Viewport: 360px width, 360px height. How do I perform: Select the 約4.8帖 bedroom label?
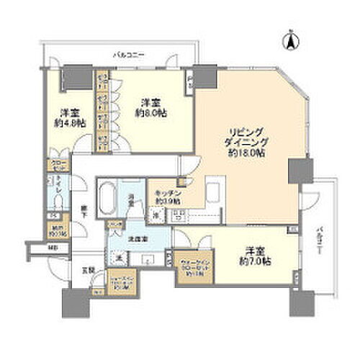[69, 117]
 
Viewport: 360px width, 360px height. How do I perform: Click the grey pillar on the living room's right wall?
[296, 171]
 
